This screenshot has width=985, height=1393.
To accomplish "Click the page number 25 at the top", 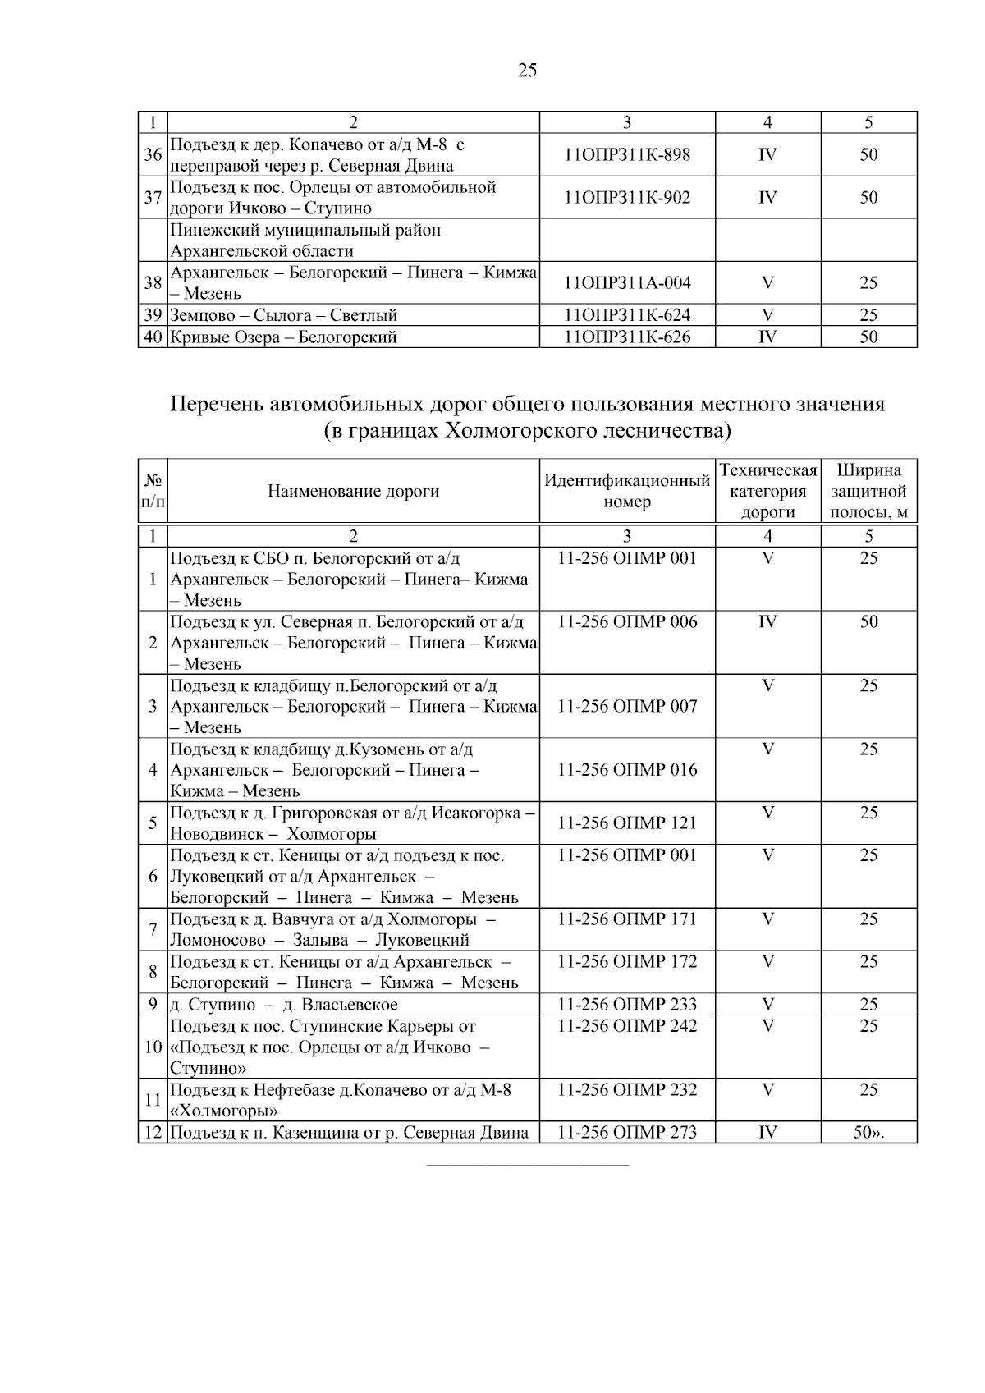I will (x=528, y=71).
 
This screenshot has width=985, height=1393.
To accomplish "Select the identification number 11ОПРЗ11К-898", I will (x=627, y=155).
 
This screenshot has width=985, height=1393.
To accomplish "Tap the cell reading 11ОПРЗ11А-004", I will (x=627, y=283).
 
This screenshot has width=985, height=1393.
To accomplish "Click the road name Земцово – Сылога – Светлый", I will (x=284, y=315).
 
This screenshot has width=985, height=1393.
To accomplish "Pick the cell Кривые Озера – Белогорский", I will (x=284, y=337).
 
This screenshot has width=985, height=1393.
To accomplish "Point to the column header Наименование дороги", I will (x=353, y=492).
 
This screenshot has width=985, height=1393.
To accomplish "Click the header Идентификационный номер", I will (x=627, y=491).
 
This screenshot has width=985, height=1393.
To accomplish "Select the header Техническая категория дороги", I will (x=767, y=491).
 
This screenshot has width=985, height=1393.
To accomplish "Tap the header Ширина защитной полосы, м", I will (x=868, y=491).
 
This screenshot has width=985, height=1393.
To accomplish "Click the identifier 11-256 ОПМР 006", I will (x=627, y=622).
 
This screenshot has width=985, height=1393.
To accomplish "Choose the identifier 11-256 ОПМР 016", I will (x=627, y=770).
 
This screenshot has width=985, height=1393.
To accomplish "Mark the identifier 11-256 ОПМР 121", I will (x=627, y=823).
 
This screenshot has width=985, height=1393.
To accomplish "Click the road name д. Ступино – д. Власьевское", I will (x=284, y=1005).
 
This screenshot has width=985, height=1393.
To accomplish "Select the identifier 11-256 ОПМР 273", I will (x=627, y=1133).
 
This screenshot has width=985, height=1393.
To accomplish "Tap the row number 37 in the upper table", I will (x=153, y=198).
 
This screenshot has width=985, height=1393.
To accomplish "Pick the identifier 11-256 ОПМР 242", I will (x=627, y=1026).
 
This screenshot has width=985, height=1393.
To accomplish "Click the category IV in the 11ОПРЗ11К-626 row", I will (x=767, y=337).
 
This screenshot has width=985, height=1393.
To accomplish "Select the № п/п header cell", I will (x=153, y=491).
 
